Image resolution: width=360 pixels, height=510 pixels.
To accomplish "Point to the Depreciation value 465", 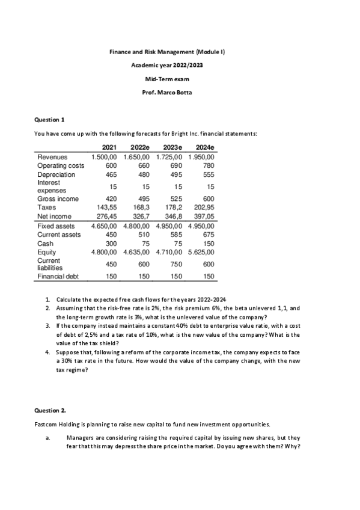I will [108, 174].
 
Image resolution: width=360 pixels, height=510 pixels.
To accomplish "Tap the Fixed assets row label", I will [56, 226].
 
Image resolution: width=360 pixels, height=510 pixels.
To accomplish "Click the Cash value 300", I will [109, 244].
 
